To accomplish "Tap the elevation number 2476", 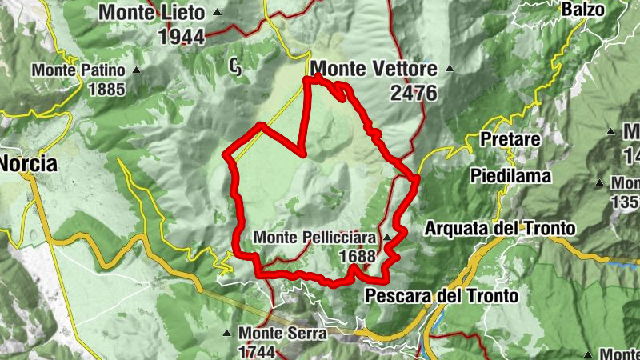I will (x=414, y=93).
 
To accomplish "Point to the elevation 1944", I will (x=182, y=36).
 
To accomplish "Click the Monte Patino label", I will (x=78, y=70).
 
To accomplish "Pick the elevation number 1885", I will (x=106, y=89).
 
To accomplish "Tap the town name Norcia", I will (x=29, y=164).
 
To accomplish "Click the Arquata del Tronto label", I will (x=500, y=228).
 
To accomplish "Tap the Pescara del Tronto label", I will (x=442, y=296).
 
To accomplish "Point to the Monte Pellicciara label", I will (x=316, y=238).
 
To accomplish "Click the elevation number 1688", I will (x=358, y=256).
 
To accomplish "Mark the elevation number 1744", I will (x=256, y=352).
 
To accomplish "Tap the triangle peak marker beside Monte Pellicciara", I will (x=386, y=238).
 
